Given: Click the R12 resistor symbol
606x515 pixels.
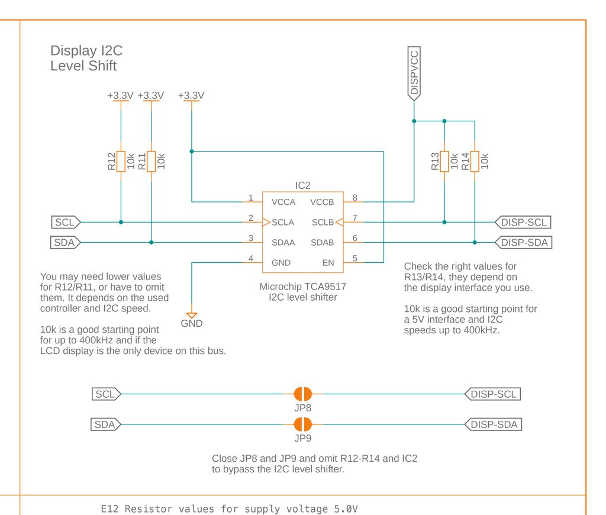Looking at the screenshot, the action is coord(121,161).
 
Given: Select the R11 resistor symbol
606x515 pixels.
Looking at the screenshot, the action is coord(151,161).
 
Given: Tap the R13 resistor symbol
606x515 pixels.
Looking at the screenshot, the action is coord(444,161).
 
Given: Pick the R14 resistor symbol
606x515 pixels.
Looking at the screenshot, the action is coord(475,161).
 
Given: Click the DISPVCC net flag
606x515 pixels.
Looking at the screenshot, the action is coord(414,73).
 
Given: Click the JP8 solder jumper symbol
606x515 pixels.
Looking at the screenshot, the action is coord(302,394).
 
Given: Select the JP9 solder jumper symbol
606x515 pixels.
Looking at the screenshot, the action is coord(302,424).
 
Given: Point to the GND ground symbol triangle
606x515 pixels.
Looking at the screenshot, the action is coord(192,315).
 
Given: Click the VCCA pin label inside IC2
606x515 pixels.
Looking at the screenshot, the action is coord(283,202).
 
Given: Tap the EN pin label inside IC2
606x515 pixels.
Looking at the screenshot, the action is coord(328,263).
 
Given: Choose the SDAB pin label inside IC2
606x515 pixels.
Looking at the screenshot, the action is coord(323,243).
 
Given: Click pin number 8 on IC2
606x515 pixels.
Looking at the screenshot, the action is coord(355,198).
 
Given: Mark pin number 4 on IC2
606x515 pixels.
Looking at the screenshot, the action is coord(251,258).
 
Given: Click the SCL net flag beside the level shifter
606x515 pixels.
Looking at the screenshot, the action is coord(66,223).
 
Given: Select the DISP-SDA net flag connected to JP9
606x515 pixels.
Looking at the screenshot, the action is coord(494,424).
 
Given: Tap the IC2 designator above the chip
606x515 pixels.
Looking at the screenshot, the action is coord(302,186).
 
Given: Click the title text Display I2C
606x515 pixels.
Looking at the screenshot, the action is coord(86,51).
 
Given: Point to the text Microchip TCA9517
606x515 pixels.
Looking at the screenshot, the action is coord(302,287).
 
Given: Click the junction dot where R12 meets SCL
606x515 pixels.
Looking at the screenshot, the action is coord(121,223).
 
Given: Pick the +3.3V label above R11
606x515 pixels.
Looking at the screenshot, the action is coord(151,95).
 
